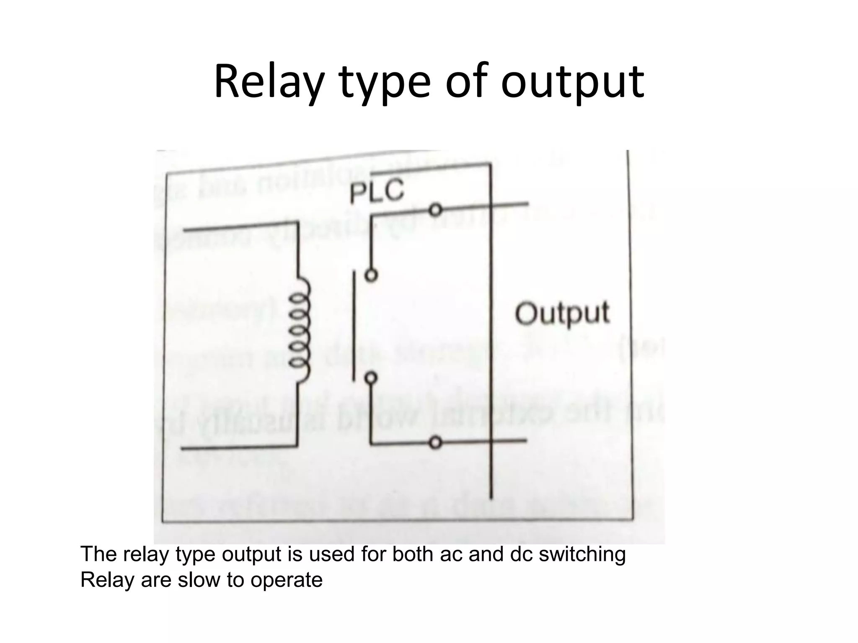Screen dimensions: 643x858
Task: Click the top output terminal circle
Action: (436, 210)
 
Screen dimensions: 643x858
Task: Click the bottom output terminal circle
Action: (436, 442)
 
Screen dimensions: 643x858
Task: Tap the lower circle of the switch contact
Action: (371, 378)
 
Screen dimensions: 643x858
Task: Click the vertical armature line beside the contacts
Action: (354, 327)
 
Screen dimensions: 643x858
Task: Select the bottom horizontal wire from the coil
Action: (239, 448)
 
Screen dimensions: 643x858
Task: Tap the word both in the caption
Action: (413, 554)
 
